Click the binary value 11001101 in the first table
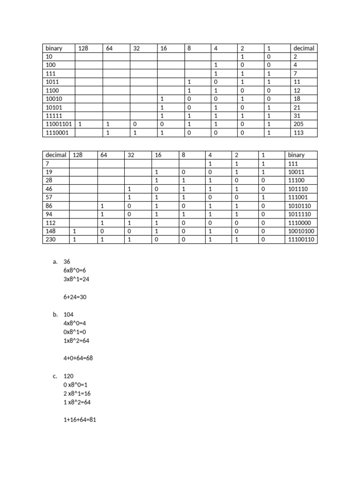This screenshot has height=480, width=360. pyautogui.click(x=59, y=124)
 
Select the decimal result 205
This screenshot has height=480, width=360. pyautogui.click(x=299, y=124)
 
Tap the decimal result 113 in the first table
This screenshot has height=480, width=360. pyautogui.click(x=299, y=133)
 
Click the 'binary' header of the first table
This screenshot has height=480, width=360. pyautogui.click(x=54, y=48)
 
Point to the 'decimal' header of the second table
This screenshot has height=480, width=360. pyautogui.click(x=56, y=155)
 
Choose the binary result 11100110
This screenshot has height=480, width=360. pyautogui.click(x=301, y=240)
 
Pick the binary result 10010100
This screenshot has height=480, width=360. pyautogui.click(x=301, y=231)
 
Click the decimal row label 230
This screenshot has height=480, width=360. pyautogui.click(x=51, y=240)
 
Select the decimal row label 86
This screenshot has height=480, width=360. pyautogui.click(x=49, y=206)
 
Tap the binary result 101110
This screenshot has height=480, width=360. pyautogui.click(x=298, y=189)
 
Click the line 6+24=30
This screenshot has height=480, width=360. pyautogui.click(x=75, y=297)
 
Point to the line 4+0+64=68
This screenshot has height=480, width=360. pyautogui.click(x=79, y=358)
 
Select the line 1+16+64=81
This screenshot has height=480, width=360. pyautogui.click(x=80, y=420)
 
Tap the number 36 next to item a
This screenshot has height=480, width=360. pyautogui.click(x=67, y=262)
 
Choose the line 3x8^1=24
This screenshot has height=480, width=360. pyautogui.click(x=76, y=279)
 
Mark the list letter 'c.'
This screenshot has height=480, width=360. pyautogui.click(x=55, y=376)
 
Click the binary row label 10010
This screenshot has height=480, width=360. pyautogui.click(x=54, y=99)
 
